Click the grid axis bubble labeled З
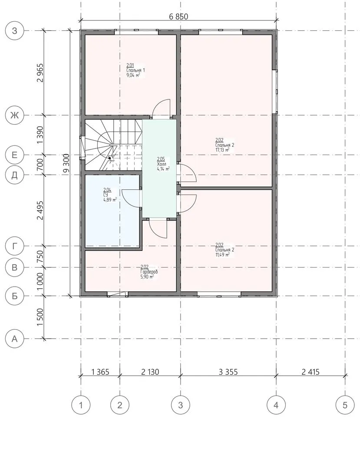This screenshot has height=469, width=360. click(14, 30)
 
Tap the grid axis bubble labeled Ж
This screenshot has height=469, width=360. click(14, 115)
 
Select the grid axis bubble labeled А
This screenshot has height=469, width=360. click(14, 339)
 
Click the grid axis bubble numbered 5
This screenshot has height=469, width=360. click(345, 405)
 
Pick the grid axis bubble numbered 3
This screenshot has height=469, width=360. click(180, 405)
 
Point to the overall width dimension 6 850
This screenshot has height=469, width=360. click(178, 17)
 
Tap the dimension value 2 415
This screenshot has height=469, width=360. click(310, 372)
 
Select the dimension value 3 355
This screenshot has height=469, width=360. click(228, 372)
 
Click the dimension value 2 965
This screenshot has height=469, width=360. click(40, 73)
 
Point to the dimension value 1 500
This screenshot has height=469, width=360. click(40, 317)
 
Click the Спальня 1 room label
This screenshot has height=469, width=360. click(135, 70)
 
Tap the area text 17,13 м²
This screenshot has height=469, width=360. click(222, 150)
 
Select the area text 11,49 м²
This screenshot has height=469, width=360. click(222, 255)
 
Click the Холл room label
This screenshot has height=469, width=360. click(161, 164)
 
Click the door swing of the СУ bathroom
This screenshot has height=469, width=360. click(131, 199)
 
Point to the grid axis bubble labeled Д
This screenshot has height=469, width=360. click(14, 175)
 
